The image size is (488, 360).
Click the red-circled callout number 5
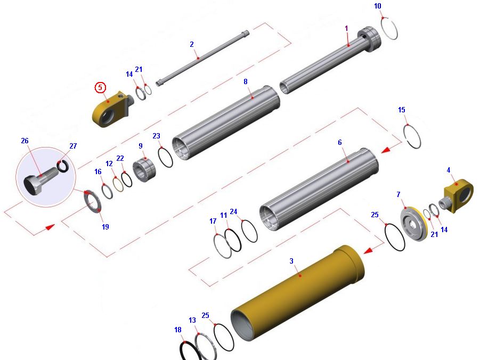point(100,87)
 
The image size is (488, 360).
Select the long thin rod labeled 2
point(202,58)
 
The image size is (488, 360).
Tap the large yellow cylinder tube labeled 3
point(298,293)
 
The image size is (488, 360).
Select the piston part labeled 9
point(144,170)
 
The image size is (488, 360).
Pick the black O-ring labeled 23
point(165,157)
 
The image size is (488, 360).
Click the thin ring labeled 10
point(389,29)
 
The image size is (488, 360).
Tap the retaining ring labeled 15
point(412,136)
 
